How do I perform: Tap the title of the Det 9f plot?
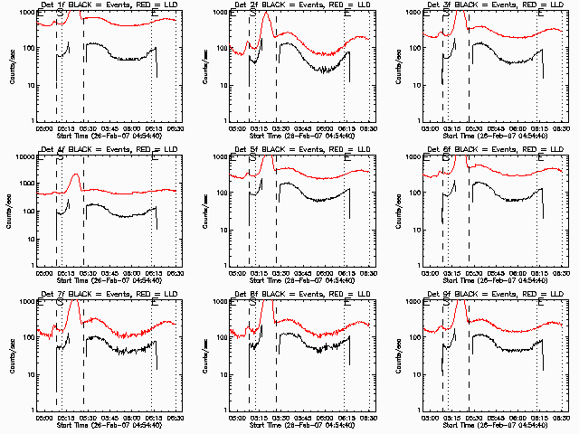coord(492,296)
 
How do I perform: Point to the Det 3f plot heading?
coord(492,5)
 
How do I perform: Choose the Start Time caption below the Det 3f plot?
coord(492,136)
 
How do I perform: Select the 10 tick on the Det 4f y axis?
coord(31,230)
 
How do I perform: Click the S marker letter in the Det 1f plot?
coord(61,14)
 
